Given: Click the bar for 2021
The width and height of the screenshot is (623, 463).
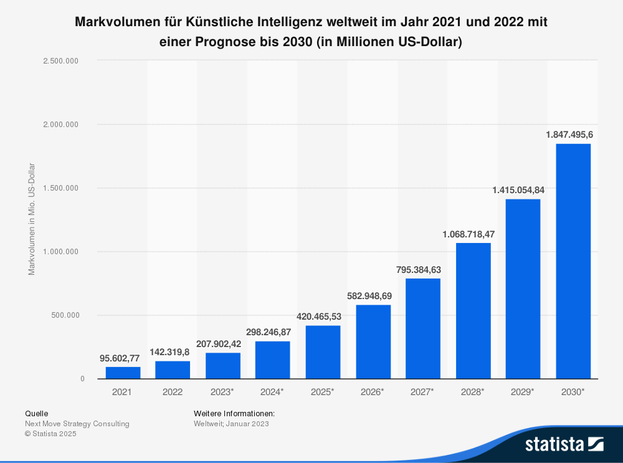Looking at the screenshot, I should click(123, 373).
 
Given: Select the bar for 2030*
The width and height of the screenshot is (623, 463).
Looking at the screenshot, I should click(573, 261).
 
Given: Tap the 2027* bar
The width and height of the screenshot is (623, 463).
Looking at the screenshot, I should click(423, 328).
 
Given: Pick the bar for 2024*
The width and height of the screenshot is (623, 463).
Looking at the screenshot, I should click(273, 360).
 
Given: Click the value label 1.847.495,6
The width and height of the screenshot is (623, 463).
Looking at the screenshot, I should click(569, 135).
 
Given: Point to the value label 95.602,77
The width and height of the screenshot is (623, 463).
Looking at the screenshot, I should click(120, 358).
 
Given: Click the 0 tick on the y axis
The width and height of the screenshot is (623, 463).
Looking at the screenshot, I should click(82, 379).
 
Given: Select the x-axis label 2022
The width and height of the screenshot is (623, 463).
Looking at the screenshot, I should click(173, 391).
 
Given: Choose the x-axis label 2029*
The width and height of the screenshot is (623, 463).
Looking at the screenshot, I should click(523, 391).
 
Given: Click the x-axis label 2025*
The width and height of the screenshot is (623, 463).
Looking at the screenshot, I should click(323, 391).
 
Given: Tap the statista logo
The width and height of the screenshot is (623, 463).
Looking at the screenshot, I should click(564, 444).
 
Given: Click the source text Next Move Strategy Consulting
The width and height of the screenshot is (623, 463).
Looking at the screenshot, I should click(77, 424).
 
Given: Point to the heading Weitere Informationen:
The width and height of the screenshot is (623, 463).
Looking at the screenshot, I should click(234, 413).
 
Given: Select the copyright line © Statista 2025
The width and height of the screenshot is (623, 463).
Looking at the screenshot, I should click(50, 434).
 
